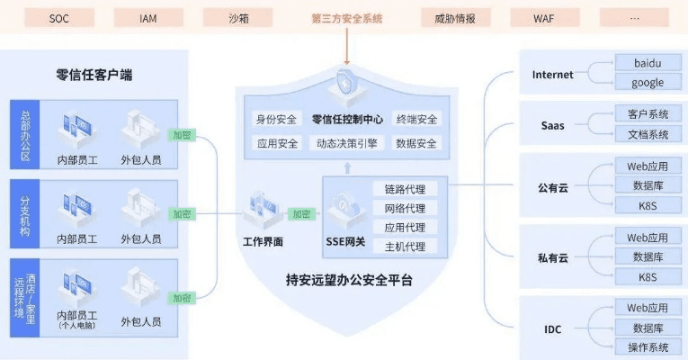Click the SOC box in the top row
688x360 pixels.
59,17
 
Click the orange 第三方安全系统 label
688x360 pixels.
346,17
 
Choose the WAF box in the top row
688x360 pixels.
545,17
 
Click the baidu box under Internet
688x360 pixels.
647,63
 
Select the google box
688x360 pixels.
647,82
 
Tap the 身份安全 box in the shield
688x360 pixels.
276,120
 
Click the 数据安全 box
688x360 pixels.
416,143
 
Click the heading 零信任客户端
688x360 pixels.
101,75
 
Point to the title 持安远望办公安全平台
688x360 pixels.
345,280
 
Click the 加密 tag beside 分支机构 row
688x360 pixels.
183,214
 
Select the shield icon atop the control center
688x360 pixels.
345,83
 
